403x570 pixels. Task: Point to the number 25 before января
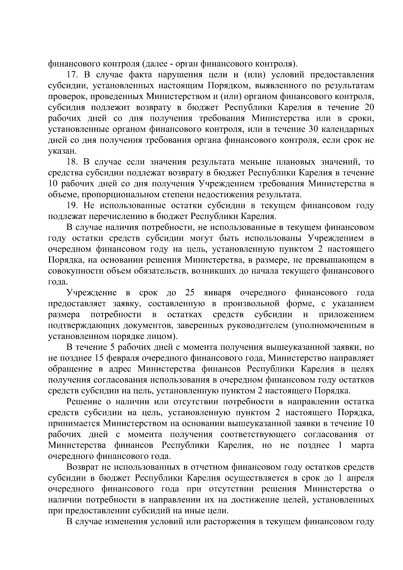coord(190,293)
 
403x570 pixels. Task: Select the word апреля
coord(360,478)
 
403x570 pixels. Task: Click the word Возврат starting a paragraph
coord(83,467)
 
